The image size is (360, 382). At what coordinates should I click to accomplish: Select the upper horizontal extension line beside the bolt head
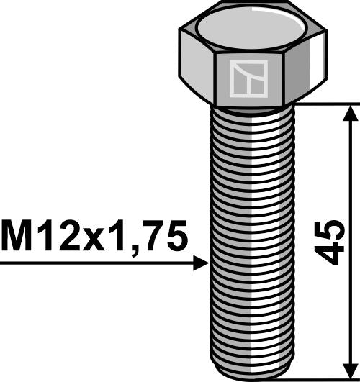(324, 104)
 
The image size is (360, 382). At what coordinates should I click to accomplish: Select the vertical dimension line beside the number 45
(349, 180)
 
